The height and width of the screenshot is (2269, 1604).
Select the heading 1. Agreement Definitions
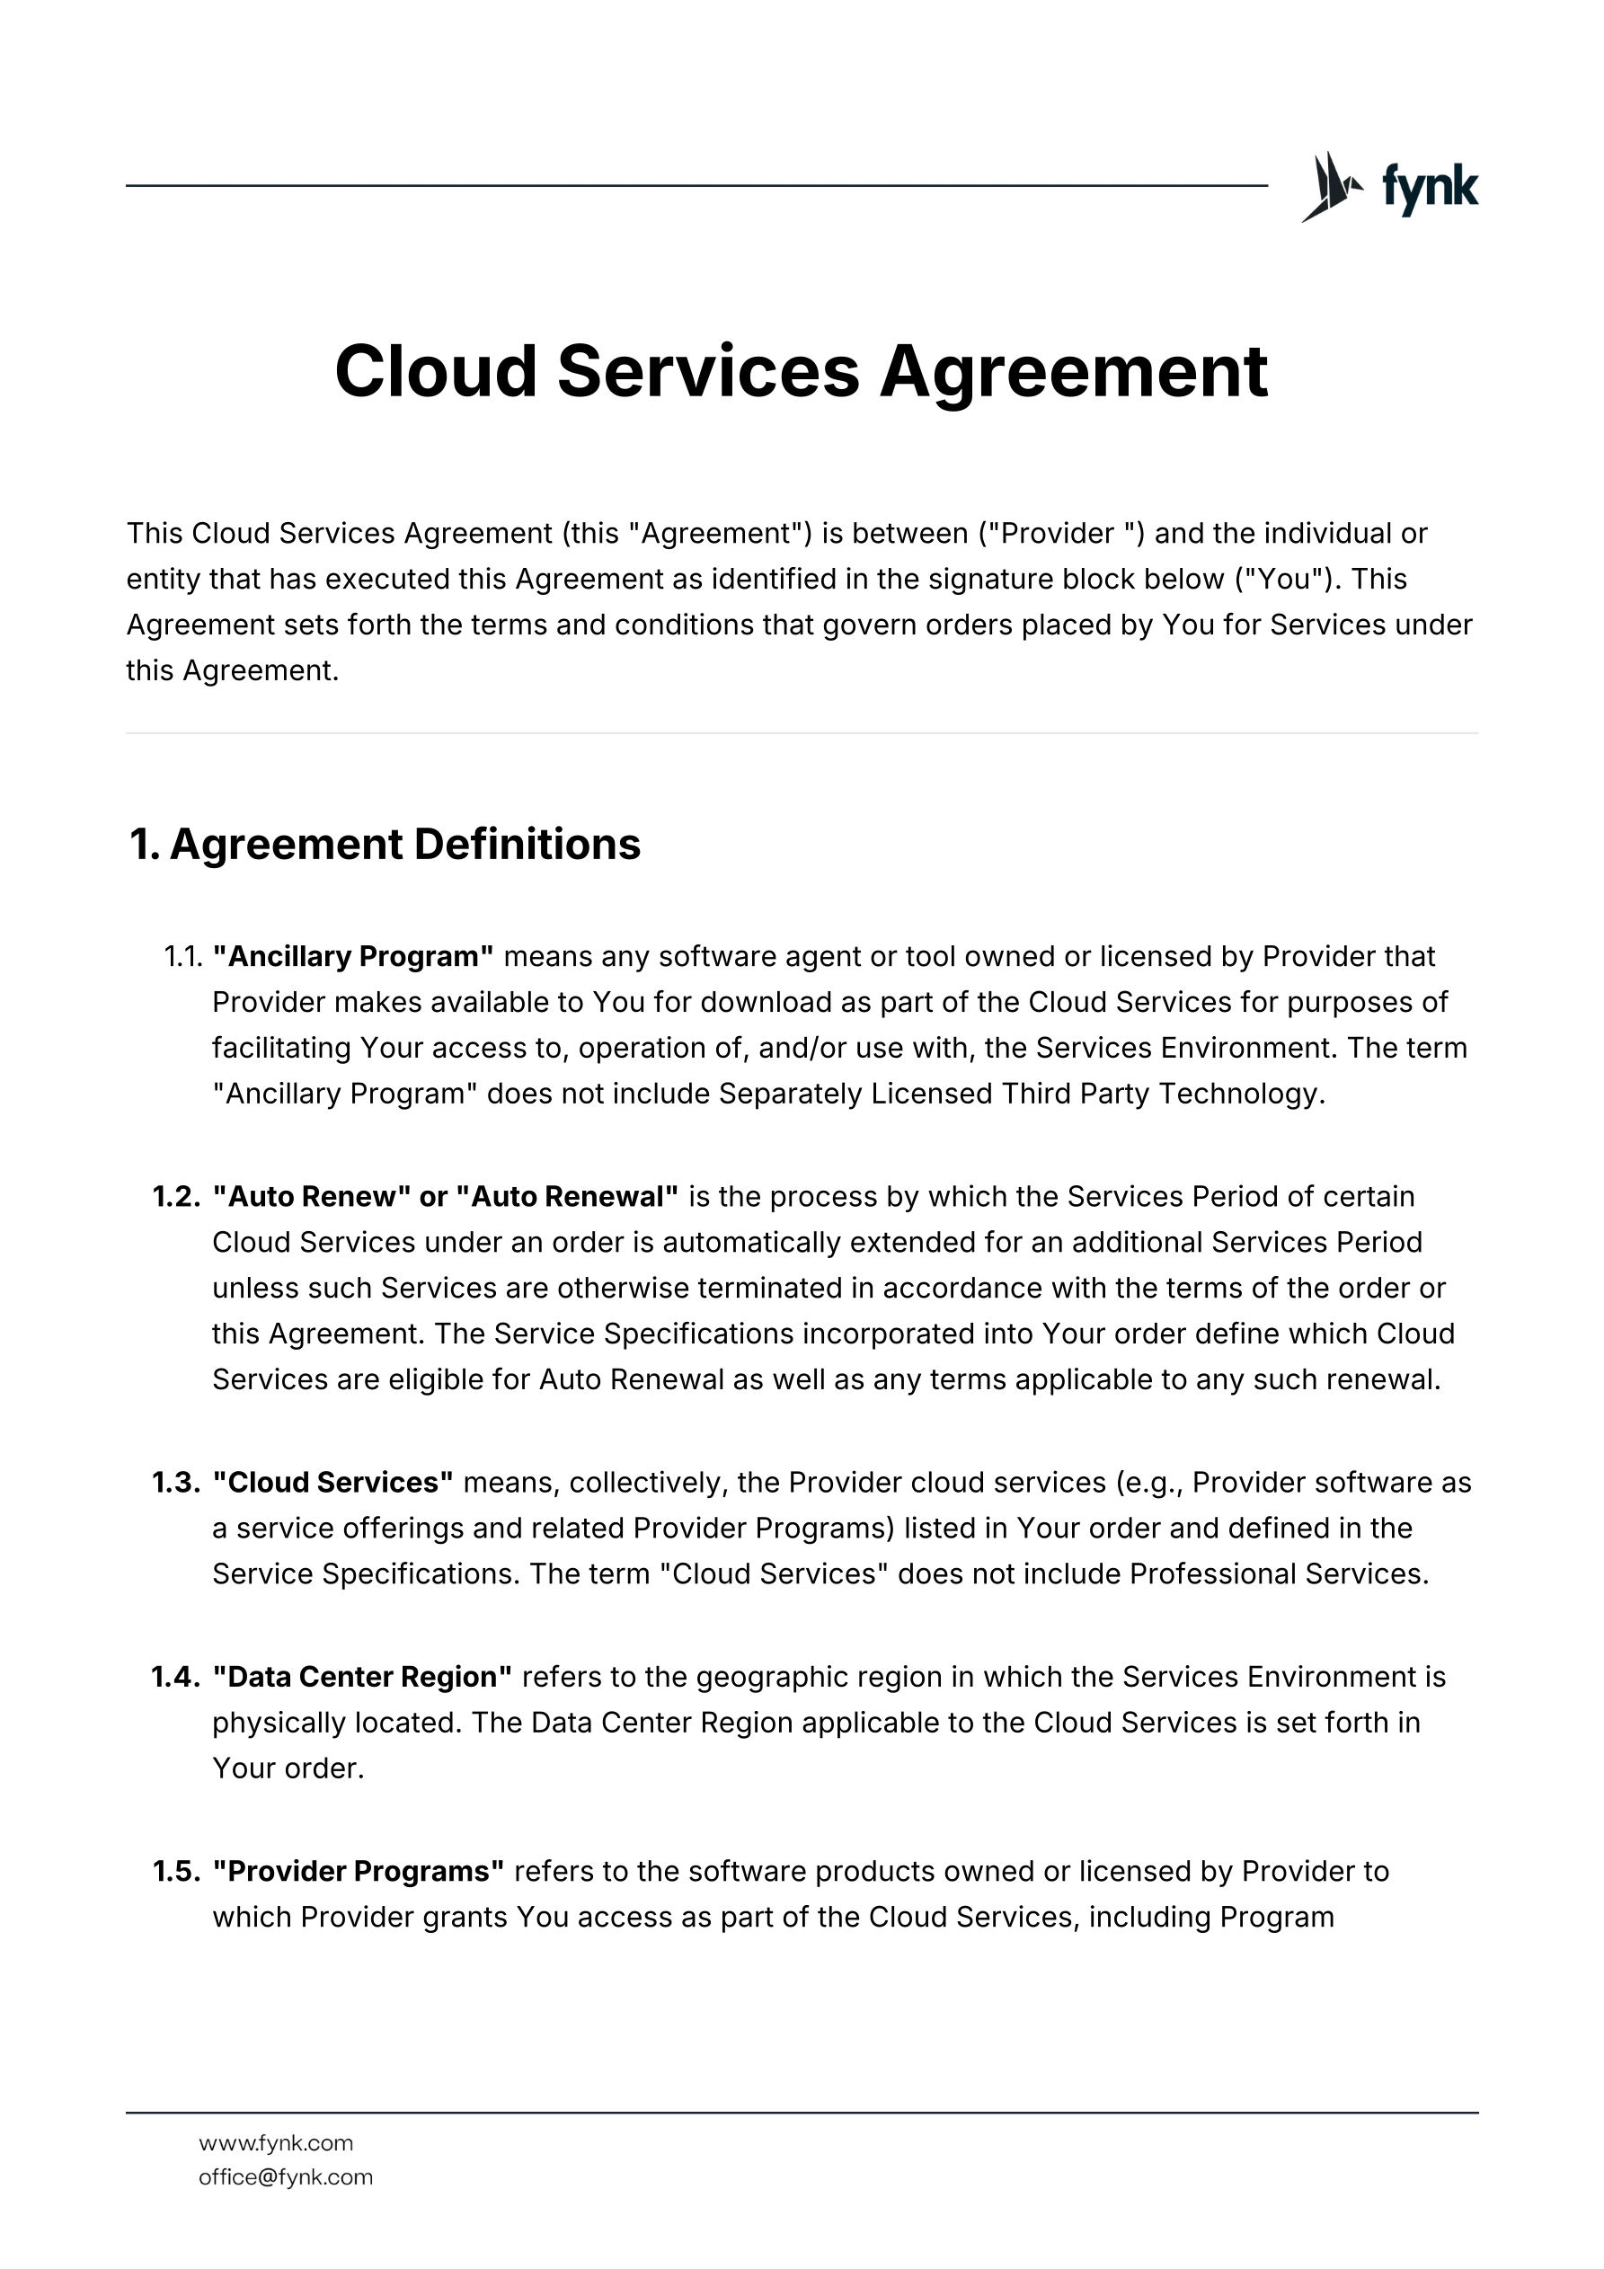[x=385, y=845]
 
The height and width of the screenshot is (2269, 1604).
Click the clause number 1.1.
[x=182, y=957]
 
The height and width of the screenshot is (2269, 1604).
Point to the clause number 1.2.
[x=177, y=1197]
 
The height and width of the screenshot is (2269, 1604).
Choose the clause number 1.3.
[x=177, y=1483]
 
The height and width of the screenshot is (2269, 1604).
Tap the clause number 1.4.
[x=177, y=1677]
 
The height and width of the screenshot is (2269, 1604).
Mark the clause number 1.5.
[x=177, y=1872]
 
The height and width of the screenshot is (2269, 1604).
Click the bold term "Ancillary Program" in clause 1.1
[x=353, y=957]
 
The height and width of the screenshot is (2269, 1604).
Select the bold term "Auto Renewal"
[x=567, y=1197]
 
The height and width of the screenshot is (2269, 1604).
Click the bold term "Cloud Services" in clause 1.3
[x=333, y=1483]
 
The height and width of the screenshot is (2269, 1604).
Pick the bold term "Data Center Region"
[x=363, y=1677]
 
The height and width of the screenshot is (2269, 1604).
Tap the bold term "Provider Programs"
[x=359, y=1872]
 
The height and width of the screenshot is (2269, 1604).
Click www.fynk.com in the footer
[x=276, y=2143]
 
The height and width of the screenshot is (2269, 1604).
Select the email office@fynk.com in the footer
[x=286, y=2177]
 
